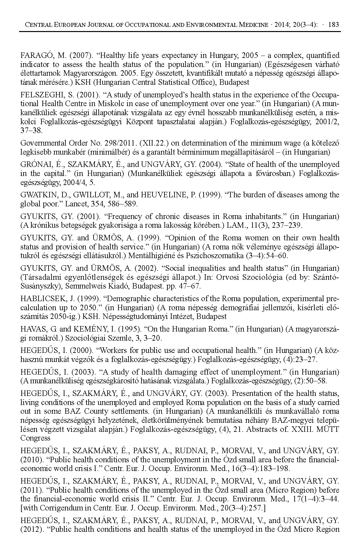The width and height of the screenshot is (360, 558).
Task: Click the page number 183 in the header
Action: click(x=333, y=25)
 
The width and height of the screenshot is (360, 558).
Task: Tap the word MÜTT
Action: click(x=329, y=429)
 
